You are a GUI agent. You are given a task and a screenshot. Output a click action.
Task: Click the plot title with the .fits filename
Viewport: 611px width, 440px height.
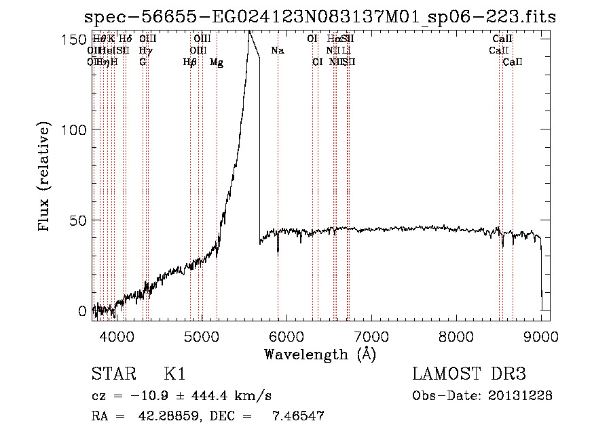pos(320,17)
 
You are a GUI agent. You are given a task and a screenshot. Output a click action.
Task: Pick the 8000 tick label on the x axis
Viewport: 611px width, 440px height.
pos(456,335)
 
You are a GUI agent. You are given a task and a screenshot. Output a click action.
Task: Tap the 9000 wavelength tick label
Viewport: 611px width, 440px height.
pos(541,335)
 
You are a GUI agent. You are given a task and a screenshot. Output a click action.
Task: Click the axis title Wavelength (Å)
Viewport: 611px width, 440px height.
pos(320,354)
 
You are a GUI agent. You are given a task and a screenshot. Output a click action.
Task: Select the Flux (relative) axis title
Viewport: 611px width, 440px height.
pos(45,178)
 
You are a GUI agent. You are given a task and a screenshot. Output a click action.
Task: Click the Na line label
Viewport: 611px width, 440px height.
pos(277,50)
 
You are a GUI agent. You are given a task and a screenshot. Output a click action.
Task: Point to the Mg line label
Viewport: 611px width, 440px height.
pos(216,62)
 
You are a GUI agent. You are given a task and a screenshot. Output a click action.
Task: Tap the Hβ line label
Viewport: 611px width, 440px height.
pos(190,62)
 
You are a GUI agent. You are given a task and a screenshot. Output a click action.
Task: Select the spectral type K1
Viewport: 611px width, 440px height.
pos(174,374)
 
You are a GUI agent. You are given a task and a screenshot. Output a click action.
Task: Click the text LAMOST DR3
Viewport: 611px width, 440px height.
pos(469,374)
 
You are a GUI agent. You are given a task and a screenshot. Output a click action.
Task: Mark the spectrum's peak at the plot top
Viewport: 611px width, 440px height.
pos(249,32)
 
